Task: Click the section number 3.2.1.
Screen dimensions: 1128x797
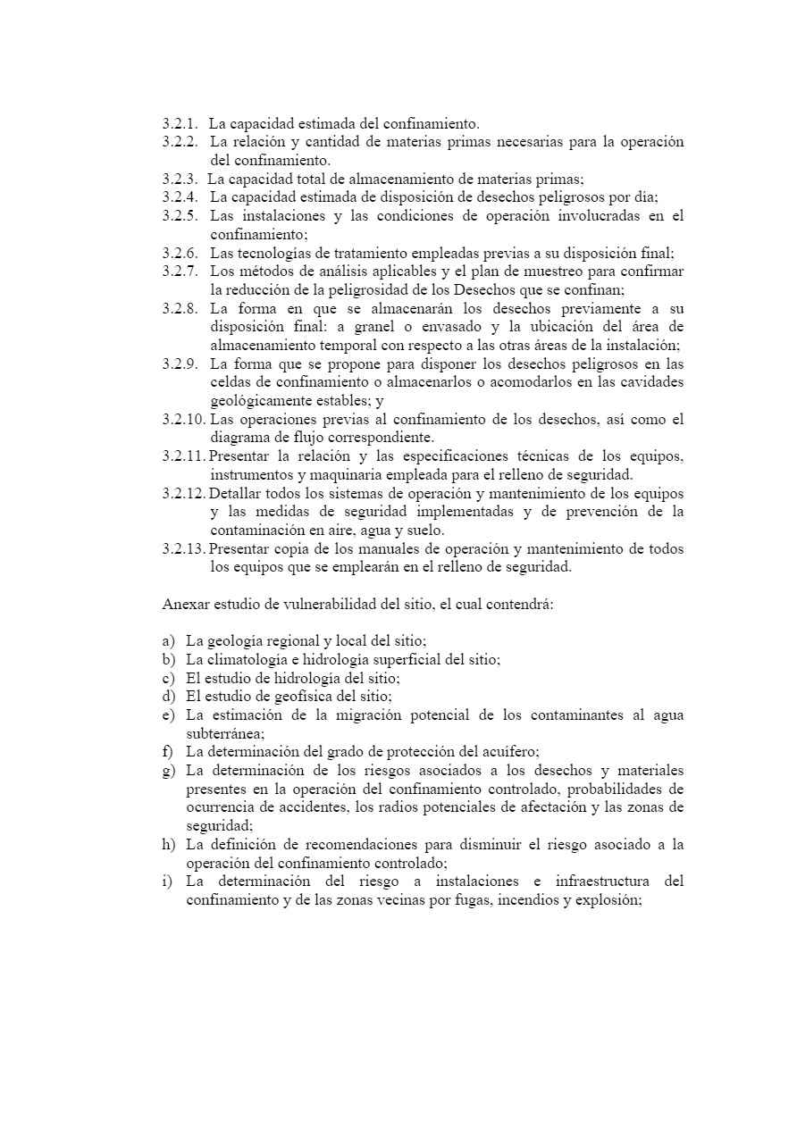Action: [180, 123]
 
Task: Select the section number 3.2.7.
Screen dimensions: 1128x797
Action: [180, 271]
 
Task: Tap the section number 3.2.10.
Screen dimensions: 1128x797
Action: [183, 419]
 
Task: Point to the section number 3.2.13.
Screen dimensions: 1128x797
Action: [183, 548]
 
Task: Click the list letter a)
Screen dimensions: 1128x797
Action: [169, 641]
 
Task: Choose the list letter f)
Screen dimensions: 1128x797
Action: [168, 752]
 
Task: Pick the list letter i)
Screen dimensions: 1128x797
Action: [167, 882]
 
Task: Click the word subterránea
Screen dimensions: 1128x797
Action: [222, 733]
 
